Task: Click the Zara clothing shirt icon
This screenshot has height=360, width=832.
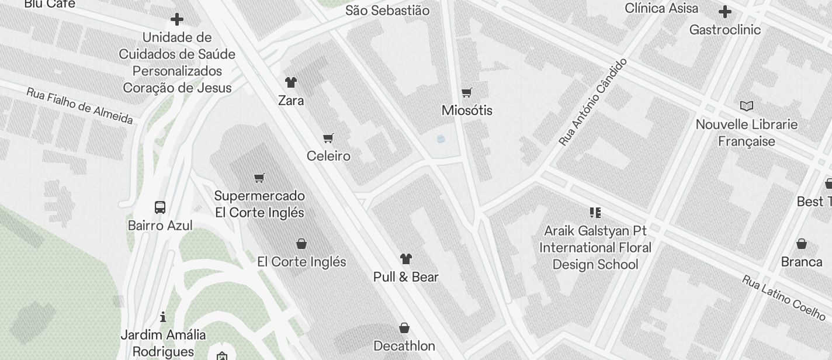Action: tap(290, 82)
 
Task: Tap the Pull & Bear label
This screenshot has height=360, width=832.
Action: tap(405, 276)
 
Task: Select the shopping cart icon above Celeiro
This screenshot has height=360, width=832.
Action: tap(328, 139)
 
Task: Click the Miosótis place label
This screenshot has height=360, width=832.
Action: tap(467, 110)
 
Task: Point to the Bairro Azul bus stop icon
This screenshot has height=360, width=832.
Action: tap(160, 207)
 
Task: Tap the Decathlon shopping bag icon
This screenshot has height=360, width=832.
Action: tap(404, 328)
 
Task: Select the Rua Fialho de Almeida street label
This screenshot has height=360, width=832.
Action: tap(79, 106)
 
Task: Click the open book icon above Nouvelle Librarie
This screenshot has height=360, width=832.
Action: tap(746, 106)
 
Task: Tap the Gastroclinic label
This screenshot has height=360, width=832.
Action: tap(724, 30)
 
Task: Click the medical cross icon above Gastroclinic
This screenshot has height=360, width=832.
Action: tap(724, 12)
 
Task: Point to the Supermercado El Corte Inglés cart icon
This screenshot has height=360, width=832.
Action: tap(259, 178)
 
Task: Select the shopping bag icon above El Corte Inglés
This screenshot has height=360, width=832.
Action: tap(301, 244)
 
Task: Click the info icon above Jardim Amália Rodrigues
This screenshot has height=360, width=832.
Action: tap(163, 317)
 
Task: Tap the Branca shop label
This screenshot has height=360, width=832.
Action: tap(801, 261)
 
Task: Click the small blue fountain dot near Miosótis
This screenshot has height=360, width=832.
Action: tap(441, 139)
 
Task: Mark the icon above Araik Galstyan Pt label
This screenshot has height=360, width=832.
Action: tap(595, 212)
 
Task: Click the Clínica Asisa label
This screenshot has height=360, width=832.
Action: tap(661, 8)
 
